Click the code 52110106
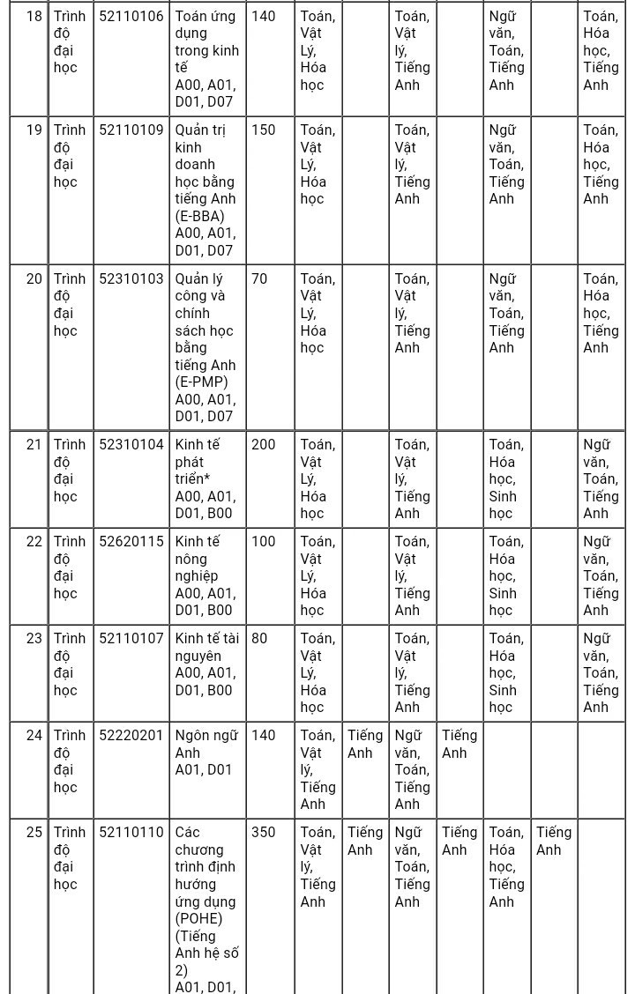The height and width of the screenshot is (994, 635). click(x=131, y=16)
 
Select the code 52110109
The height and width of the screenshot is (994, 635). click(x=131, y=130)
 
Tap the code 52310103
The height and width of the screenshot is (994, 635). click(x=131, y=279)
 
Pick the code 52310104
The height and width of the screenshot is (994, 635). click(x=131, y=445)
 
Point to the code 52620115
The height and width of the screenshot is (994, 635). click(x=131, y=542)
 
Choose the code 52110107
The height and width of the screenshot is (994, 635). click(x=131, y=639)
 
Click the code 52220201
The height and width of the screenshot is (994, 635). click(x=131, y=736)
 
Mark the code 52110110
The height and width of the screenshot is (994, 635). click(x=131, y=833)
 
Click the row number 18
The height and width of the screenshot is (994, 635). click(x=34, y=16)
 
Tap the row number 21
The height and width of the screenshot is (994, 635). click(x=34, y=445)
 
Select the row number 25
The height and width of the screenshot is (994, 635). click(x=34, y=833)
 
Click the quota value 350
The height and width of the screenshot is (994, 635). click(x=264, y=833)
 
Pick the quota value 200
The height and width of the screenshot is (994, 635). click(x=264, y=445)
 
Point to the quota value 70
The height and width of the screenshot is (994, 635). click(x=259, y=279)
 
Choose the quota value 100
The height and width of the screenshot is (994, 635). click(x=264, y=542)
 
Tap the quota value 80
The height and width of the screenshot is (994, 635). click(x=259, y=639)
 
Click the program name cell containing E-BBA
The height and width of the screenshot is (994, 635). click(x=205, y=190)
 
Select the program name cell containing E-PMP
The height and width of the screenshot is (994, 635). click(x=205, y=347)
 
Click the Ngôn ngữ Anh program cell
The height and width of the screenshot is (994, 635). click(x=205, y=753)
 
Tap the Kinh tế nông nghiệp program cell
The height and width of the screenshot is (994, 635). click(x=205, y=575)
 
